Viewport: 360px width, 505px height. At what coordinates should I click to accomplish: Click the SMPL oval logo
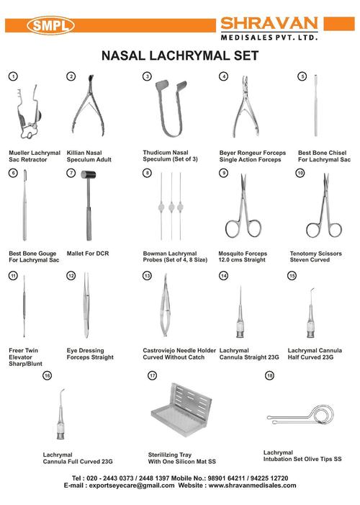point(51,25)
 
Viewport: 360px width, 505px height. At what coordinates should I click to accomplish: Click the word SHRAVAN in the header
point(269,24)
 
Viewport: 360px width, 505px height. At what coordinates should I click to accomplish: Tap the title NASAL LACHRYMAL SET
point(180,55)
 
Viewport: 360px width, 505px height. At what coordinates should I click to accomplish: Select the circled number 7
point(71,173)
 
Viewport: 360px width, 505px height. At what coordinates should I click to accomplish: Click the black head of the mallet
point(89,175)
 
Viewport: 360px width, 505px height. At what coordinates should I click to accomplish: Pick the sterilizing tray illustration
point(182,410)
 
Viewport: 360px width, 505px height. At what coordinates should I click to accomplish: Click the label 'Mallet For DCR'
point(88,254)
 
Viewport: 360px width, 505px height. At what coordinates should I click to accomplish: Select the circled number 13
point(147,276)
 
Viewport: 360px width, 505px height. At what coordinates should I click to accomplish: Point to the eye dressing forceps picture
point(86,305)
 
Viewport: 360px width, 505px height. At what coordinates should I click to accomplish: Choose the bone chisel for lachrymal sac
point(316,105)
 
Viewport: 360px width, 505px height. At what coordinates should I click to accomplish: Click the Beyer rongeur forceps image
point(246,107)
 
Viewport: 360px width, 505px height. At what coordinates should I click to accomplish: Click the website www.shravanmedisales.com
point(252,486)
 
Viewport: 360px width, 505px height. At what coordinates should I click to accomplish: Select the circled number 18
point(269,375)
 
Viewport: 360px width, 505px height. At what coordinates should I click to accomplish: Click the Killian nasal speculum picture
point(89,106)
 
